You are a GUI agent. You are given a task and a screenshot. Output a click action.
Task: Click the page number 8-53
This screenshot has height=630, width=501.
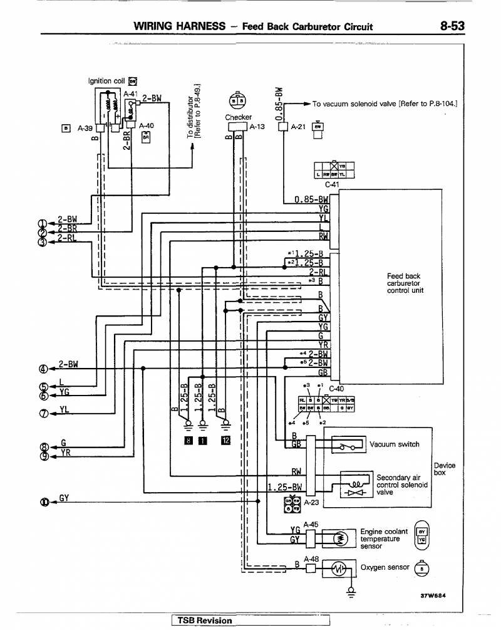[x=452, y=26]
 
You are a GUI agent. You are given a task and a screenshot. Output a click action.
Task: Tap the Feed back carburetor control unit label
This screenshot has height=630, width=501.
[x=405, y=283]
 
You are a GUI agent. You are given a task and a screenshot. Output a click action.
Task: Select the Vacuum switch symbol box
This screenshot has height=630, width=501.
[x=348, y=445]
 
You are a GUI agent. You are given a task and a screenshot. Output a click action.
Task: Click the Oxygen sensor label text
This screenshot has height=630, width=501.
[x=385, y=567]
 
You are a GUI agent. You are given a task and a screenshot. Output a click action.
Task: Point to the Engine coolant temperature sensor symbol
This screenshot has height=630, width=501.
[x=339, y=538]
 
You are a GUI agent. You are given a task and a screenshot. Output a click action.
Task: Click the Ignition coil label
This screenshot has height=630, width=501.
[x=107, y=81]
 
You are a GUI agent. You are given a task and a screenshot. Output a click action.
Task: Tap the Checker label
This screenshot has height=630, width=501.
[x=238, y=117]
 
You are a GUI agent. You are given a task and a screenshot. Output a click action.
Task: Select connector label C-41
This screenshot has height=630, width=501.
[x=332, y=185]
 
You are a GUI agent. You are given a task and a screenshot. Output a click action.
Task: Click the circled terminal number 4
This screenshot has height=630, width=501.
[x=43, y=368]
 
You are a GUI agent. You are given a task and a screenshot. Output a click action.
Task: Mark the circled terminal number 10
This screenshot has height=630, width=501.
[x=44, y=501]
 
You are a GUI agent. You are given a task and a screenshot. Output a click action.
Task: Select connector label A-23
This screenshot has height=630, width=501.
[x=311, y=503]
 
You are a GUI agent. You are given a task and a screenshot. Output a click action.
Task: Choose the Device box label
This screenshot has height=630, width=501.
[x=444, y=470]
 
